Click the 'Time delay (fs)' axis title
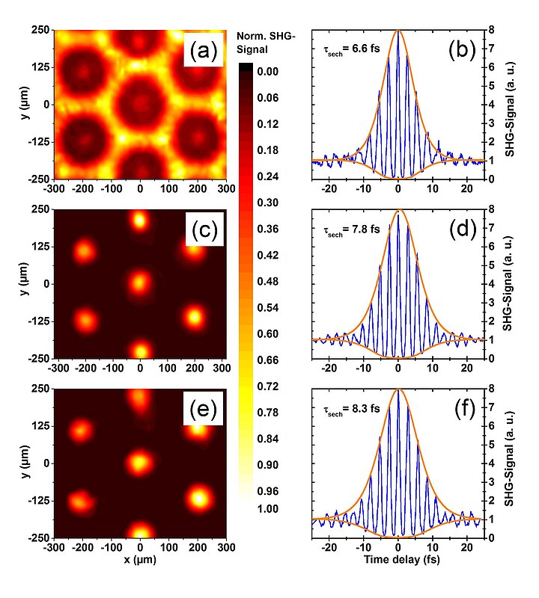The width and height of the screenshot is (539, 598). coord(398,558)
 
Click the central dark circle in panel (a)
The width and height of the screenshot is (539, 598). coord(140,102)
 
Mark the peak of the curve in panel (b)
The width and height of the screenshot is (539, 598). coord(398,32)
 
